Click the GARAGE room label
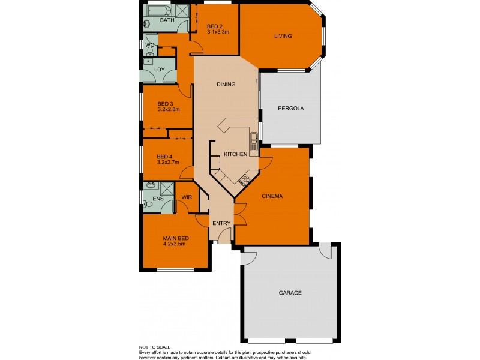click(x=290, y=293)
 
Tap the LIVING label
click(x=283, y=36)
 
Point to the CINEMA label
click(x=272, y=196)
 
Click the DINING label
click(x=226, y=85)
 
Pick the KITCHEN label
click(x=235, y=154)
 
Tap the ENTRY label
click(x=221, y=223)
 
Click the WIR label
click(x=186, y=197)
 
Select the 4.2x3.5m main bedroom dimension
click(x=174, y=244)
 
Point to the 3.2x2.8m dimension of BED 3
click(x=169, y=110)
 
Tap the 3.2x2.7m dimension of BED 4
click(x=169, y=161)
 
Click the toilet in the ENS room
click(x=149, y=205)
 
